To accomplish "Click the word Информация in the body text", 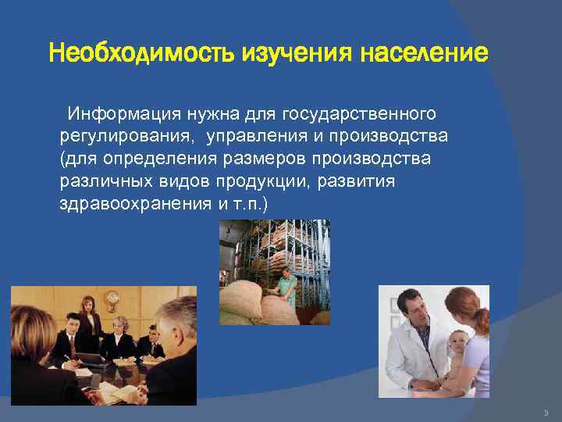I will [x=123, y=115].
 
